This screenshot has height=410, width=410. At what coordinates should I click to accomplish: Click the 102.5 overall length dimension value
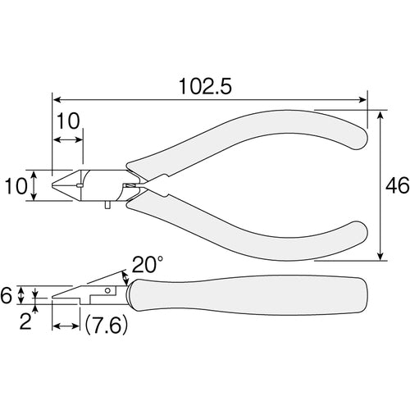tap(205, 87)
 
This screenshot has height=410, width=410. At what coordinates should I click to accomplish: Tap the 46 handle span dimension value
tap(397, 185)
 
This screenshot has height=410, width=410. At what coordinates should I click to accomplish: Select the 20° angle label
tap(148, 264)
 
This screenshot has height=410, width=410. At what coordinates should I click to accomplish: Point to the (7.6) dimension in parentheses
tap(106, 326)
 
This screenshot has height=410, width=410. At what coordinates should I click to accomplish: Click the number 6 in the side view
tap(6, 295)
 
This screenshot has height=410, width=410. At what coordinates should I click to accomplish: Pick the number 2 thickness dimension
tap(25, 321)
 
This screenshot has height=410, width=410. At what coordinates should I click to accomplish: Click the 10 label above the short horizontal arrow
tap(68, 121)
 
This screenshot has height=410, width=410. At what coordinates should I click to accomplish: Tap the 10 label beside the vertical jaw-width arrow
tap(16, 186)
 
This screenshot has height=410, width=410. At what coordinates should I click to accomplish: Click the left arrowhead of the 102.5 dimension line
tap(57, 100)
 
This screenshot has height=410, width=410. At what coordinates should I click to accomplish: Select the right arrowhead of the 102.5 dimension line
tap(362, 100)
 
